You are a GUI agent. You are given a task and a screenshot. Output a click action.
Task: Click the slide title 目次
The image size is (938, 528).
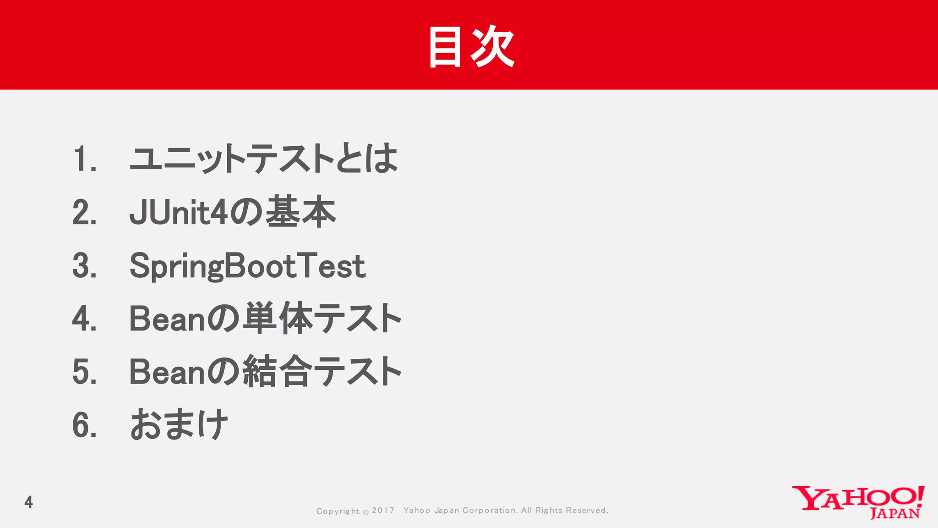[471, 46]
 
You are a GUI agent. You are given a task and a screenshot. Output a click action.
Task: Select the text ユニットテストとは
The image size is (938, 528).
[263, 158]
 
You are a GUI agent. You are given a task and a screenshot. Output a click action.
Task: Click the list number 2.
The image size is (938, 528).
[84, 213]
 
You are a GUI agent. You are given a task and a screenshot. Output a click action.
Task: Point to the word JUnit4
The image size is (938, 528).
[178, 213]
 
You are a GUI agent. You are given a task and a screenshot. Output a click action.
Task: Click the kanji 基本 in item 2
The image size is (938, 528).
[300, 211]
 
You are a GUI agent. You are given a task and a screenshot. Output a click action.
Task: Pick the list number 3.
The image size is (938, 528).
[84, 266]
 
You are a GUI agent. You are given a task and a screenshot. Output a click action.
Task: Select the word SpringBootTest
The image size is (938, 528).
[247, 266]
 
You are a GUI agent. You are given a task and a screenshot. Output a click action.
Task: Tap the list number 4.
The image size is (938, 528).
[84, 319]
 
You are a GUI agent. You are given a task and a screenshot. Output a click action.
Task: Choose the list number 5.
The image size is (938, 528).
[84, 372]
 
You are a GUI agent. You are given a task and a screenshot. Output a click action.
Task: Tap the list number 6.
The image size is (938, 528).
[84, 425]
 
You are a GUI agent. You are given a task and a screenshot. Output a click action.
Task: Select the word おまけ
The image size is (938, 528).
[179, 424]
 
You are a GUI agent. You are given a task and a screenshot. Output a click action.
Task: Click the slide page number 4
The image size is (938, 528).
[28, 502]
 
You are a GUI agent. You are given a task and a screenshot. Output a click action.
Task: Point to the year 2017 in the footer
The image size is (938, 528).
[383, 511]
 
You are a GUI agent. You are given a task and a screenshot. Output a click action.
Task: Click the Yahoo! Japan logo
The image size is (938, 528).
[858, 502]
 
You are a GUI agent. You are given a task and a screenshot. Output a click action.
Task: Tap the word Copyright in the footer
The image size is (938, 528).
[338, 511]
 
